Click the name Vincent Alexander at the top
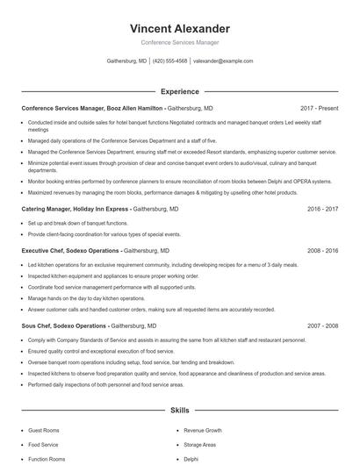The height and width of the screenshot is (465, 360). tap(179, 29)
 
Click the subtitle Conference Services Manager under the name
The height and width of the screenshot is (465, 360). tap(179, 42)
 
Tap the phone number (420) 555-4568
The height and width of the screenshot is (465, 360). tap(170, 61)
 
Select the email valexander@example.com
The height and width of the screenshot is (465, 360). tap(223, 61)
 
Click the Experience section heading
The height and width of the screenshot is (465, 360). tap(179, 91)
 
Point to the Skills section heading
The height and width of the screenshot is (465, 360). tap(179, 410)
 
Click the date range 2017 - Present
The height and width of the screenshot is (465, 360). tap(319, 108)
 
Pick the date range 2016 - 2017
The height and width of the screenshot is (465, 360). tap(322, 210)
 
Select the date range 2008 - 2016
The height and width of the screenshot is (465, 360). tap(322, 250)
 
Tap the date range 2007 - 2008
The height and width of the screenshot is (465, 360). tap(322, 325)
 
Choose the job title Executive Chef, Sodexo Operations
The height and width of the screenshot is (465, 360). tap(71, 250)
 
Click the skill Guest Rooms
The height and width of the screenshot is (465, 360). tap(44, 431)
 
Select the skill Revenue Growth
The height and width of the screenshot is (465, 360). tap(203, 431)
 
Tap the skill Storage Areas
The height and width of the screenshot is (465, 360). tap(200, 445)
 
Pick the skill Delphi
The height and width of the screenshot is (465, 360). tap(191, 459)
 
